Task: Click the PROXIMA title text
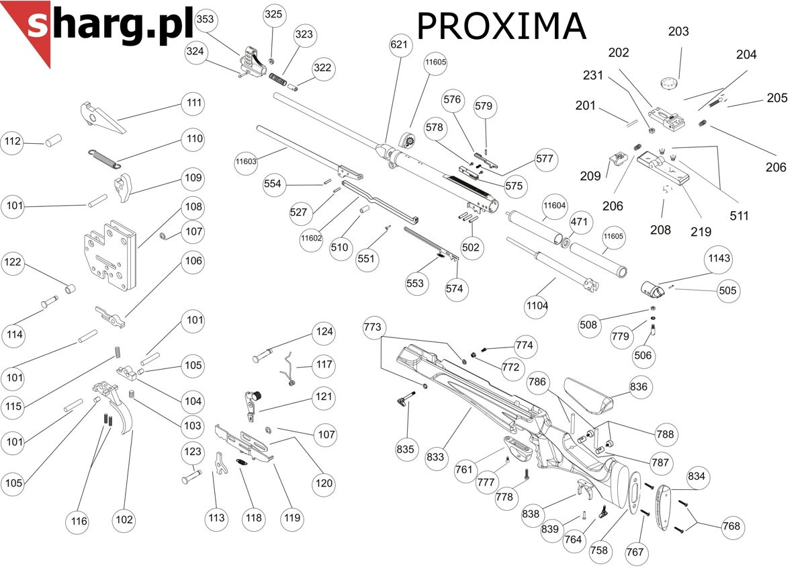tap(501, 27)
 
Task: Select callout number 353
tap(205, 20)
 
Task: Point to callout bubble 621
tap(399, 46)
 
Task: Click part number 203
tap(678, 32)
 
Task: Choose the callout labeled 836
tap(639, 388)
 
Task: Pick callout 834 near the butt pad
tap(697, 477)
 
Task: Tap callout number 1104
tap(537, 306)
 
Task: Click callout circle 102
tap(124, 520)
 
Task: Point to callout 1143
tap(718, 259)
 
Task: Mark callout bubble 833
tap(436, 457)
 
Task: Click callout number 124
tap(324, 331)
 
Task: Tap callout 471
tap(579, 222)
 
